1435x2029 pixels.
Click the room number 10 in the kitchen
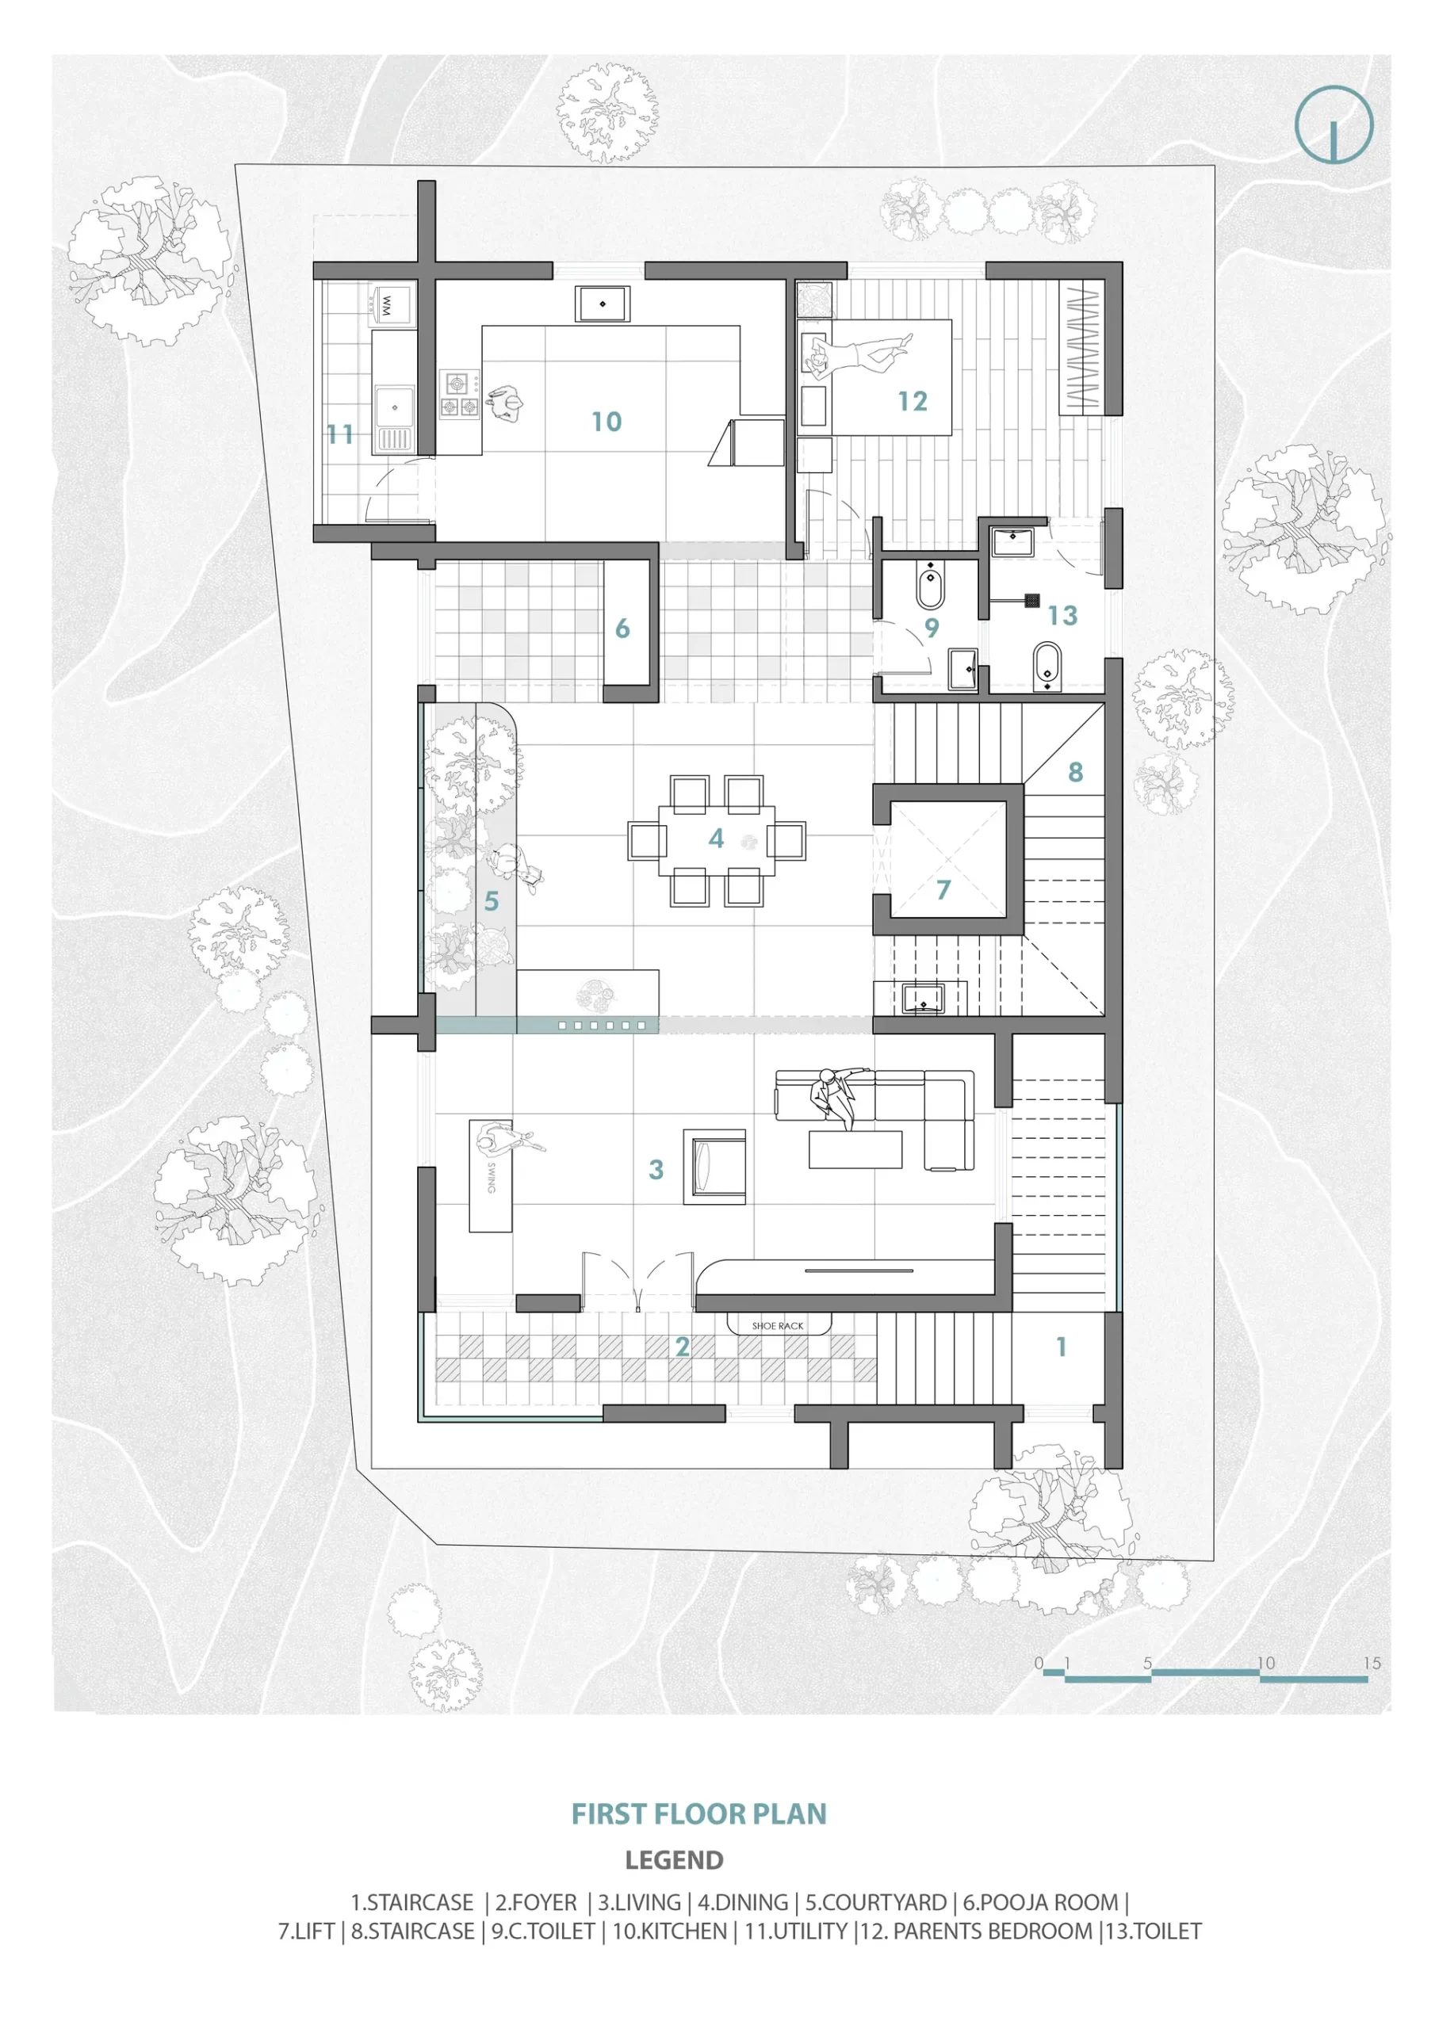pyautogui.click(x=607, y=422)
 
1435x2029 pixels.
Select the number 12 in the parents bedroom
pyautogui.click(x=913, y=401)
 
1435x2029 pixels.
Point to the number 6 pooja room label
pyautogui.click(x=622, y=629)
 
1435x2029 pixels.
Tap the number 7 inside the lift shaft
pyautogui.click(x=943, y=889)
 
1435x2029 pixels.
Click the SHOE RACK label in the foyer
pyautogui.click(x=778, y=1325)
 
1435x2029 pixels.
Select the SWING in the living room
pyautogui.click(x=491, y=1176)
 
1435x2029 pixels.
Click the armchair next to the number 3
pyautogui.click(x=714, y=1167)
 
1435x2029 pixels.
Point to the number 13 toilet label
pyautogui.click(x=1062, y=615)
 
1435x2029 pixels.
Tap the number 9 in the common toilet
pyautogui.click(x=931, y=628)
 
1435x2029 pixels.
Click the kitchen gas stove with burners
pyautogui.click(x=460, y=394)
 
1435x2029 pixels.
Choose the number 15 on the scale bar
pyautogui.click(x=1372, y=1663)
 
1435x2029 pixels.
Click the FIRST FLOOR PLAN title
pyautogui.click(x=698, y=1814)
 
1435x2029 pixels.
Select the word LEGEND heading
pyautogui.click(x=674, y=1860)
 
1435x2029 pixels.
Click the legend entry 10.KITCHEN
pyautogui.click(x=669, y=1932)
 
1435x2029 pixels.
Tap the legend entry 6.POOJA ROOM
pyautogui.click(x=1041, y=1903)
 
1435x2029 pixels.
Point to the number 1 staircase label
pyautogui.click(x=1061, y=1347)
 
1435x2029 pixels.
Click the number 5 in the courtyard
pyautogui.click(x=492, y=901)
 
